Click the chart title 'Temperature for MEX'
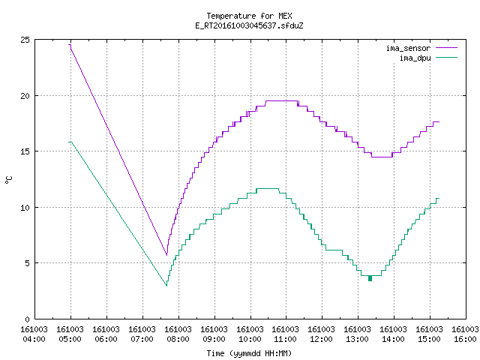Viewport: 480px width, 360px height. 249,16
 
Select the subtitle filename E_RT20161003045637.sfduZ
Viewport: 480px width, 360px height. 249,25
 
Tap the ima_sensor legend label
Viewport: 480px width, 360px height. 408,48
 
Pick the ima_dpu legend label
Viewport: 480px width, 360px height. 415,58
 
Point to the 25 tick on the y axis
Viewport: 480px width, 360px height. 25,40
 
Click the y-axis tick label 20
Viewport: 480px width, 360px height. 25,96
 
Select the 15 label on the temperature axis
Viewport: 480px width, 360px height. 25,151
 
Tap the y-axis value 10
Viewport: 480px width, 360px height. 25,208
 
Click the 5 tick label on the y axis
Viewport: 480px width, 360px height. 28,263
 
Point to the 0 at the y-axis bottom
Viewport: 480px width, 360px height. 28,319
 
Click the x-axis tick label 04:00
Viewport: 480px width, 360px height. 34,339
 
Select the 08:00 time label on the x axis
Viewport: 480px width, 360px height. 178,339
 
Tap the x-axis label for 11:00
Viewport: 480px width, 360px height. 286,339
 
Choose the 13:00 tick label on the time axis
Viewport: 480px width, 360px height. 357,339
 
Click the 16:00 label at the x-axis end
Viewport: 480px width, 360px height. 465,339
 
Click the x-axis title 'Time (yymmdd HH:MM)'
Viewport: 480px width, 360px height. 249,353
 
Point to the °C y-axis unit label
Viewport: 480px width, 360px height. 8,180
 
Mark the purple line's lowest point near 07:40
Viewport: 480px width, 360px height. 166,255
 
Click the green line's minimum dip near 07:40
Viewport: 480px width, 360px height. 166,286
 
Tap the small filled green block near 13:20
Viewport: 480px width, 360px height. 370,278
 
